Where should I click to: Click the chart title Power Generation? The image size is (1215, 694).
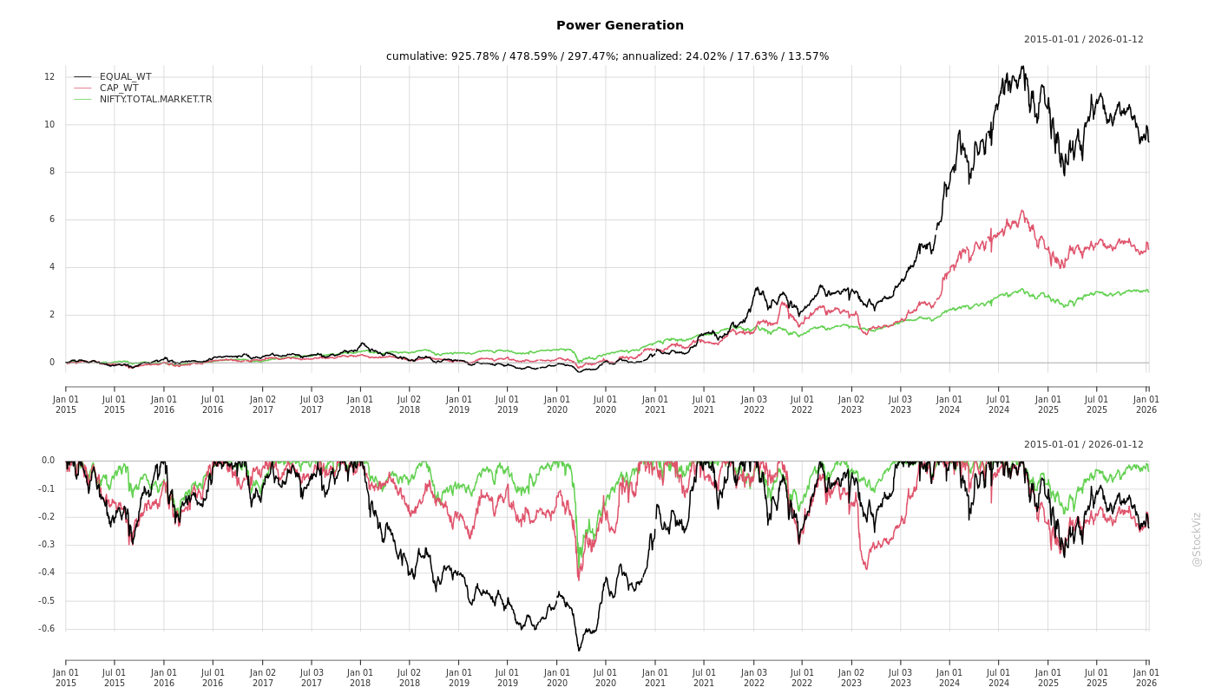(x=620, y=26)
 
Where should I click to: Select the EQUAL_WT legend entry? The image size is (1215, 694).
(x=125, y=77)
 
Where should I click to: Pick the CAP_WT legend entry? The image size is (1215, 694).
(x=118, y=88)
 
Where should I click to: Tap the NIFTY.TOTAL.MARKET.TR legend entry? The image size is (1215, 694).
(x=155, y=100)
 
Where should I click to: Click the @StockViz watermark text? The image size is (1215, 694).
(x=1197, y=539)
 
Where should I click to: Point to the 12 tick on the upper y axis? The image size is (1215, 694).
(x=49, y=77)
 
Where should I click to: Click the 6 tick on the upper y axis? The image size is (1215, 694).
(x=51, y=219)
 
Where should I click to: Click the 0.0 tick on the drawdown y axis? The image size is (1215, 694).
(x=47, y=461)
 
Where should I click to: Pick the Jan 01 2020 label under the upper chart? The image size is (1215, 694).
(x=557, y=404)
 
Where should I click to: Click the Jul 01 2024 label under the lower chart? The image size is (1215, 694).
(x=999, y=678)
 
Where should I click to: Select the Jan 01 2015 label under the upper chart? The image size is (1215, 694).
(x=66, y=404)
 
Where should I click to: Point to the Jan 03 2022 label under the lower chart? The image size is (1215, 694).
(x=753, y=678)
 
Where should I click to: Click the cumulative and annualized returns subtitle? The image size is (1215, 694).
(x=607, y=56)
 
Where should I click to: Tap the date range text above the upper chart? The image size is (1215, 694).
(x=1083, y=40)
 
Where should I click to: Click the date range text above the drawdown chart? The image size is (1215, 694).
(x=1083, y=445)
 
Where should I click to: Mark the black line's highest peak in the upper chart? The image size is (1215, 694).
(x=1022, y=66)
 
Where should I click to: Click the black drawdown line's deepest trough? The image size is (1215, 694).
(x=579, y=651)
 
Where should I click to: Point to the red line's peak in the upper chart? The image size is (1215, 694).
(x=1021, y=210)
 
